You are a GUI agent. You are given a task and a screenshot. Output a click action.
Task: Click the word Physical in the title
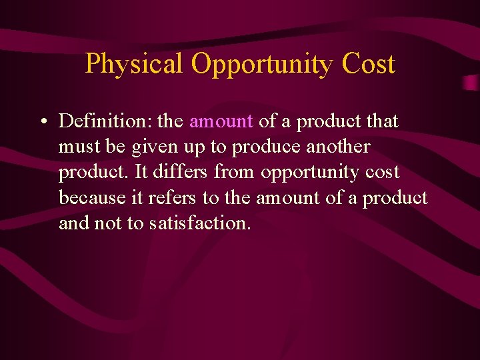point(134,64)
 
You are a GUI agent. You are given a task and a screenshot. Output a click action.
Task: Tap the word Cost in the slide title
point(369,64)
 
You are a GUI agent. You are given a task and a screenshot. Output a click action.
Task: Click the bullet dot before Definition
point(42,122)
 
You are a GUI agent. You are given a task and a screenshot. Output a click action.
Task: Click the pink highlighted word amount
point(221,121)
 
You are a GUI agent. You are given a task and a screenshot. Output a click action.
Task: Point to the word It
point(142,172)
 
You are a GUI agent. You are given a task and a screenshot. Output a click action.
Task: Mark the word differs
point(181,172)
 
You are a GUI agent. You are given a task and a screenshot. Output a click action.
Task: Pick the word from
point(235,172)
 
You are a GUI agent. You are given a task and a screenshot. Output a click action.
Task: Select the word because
point(87,197)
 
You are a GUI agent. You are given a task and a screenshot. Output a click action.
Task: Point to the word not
point(107,223)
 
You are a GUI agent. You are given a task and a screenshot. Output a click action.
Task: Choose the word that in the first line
point(383,121)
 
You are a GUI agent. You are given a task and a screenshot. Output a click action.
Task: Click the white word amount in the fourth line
point(290,197)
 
